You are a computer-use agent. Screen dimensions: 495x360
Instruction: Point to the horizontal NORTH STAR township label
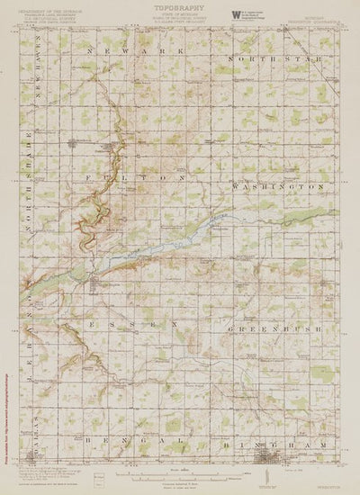click(x=276, y=57)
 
